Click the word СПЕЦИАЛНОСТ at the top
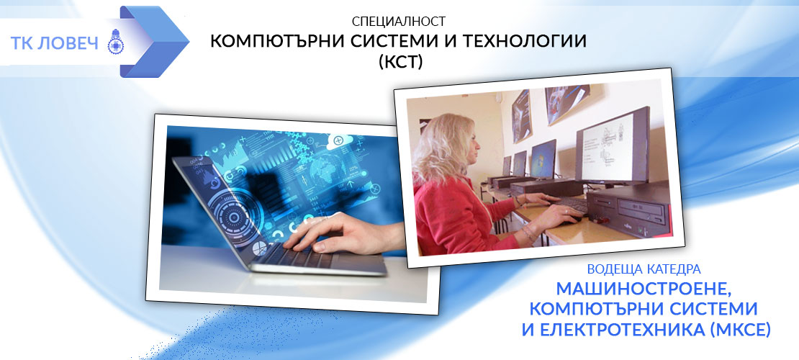399,22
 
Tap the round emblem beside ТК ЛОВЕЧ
116,42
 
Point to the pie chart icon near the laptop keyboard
260,249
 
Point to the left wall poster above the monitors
521,115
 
